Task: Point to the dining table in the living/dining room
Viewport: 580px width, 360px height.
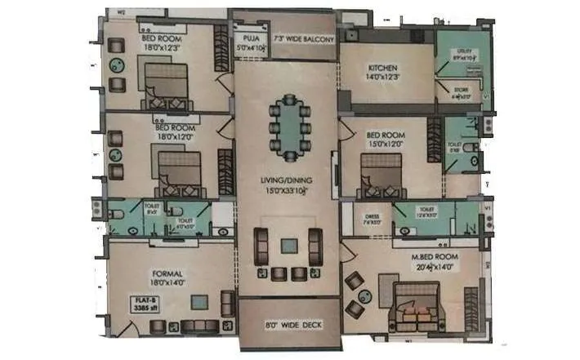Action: pos(288,126)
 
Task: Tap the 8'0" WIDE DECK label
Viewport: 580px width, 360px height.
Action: pos(288,325)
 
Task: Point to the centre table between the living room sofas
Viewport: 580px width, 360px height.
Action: pos(288,244)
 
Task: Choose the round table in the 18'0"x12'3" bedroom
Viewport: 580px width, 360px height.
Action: pos(116,67)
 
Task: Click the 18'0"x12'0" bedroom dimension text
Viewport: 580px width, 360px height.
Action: pos(172,138)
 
